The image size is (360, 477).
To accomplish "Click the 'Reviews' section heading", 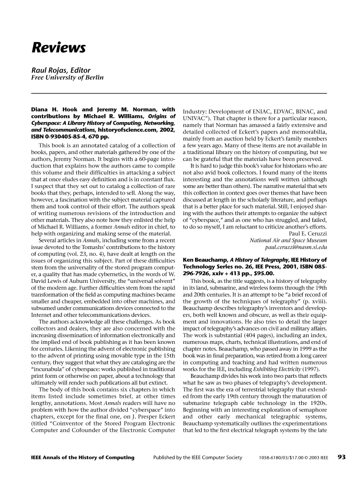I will pos(59,49).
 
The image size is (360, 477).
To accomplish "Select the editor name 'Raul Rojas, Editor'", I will pos(61,69).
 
